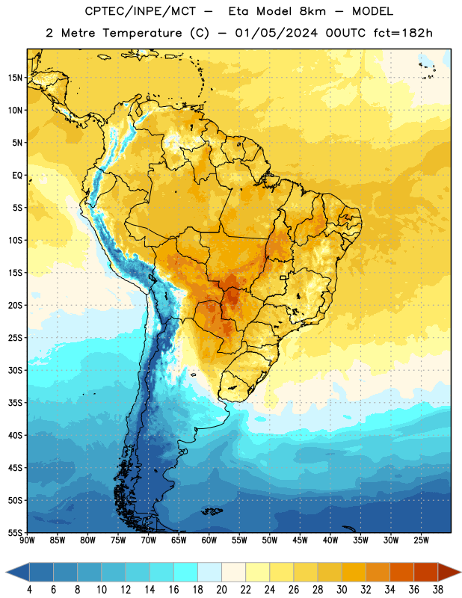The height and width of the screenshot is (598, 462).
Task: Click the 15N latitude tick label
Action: (15, 78)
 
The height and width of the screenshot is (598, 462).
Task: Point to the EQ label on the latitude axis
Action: (17, 176)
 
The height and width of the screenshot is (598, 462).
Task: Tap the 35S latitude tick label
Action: (15, 403)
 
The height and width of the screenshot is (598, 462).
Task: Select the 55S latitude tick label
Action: (15, 532)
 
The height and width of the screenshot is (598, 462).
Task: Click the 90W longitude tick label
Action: (27, 540)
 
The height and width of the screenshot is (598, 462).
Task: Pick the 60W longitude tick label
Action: (209, 540)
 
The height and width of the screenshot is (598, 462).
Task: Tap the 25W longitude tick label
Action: (421, 540)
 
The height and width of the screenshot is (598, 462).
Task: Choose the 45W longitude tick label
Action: (300, 540)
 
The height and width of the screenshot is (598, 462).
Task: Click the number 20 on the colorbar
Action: (221, 590)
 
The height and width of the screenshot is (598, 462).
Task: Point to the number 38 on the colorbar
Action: (438, 590)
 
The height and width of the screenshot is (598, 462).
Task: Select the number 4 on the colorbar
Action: (29, 590)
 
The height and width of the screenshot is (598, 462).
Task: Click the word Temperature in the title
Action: (142, 33)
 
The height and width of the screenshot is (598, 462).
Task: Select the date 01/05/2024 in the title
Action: (276, 33)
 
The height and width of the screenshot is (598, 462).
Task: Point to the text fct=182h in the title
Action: (403, 33)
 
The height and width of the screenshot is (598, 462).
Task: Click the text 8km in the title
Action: (312, 11)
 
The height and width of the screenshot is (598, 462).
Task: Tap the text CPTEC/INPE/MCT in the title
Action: (140, 11)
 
